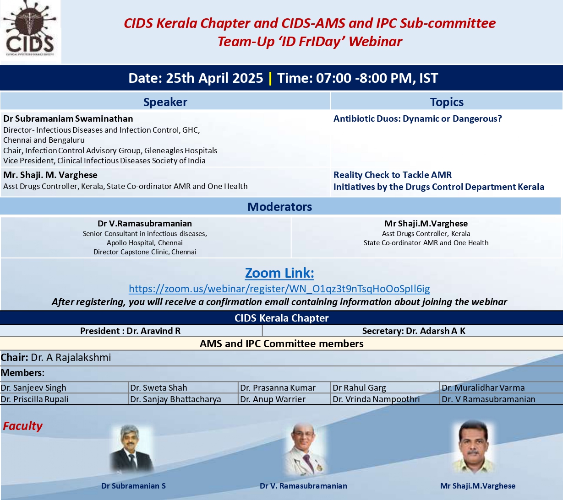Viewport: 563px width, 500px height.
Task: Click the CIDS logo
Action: click(x=31, y=32)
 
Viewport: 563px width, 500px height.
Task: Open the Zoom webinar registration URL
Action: click(x=279, y=289)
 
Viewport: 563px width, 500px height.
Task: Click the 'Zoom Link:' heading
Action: click(x=279, y=273)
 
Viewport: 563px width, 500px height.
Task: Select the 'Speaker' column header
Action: click(x=165, y=102)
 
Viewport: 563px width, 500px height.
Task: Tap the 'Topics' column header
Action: click(x=447, y=102)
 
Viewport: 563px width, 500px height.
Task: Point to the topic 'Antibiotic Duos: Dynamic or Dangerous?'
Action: click(x=418, y=118)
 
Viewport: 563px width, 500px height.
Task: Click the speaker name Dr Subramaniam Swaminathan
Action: click(x=68, y=118)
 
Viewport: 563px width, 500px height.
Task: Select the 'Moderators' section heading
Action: click(x=279, y=207)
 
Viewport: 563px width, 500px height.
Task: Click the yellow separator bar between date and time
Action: click(x=270, y=78)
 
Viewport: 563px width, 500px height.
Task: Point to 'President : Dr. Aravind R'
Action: click(x=131, y=331)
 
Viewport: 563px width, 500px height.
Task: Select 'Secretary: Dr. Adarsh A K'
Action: click(x=414, y=331)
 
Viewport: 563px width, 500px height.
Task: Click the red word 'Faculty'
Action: click(x=22, y=426)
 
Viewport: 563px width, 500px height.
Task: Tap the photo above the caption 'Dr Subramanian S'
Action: click(x=131, y=449)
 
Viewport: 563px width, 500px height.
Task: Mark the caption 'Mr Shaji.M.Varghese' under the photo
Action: click(x=478, y=486)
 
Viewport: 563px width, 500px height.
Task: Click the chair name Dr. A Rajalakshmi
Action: click(x=71, y=357)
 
